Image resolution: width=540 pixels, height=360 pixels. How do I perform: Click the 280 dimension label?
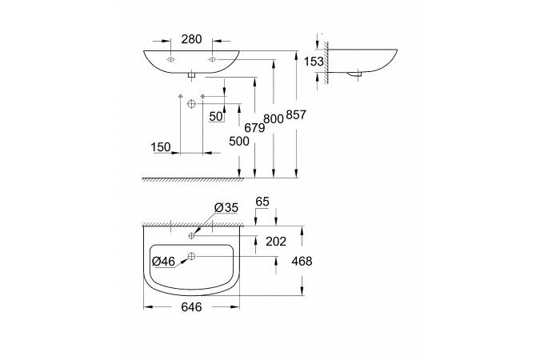pyautogui.click(x=190, y=38)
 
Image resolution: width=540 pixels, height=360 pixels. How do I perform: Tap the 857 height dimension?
pyautogui.click(x=296, y=115)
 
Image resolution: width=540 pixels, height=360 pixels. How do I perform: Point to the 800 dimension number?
pyautogui.click(x=274, y=118)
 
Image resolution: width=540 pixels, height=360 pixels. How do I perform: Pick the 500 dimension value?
pyautogui.click(x=239, y=141)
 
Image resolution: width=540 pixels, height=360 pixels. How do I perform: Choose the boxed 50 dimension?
pyautogui.click(x=215, y=116)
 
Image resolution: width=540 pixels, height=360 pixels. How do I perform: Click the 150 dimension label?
pyautogui.click(x=161, y=147)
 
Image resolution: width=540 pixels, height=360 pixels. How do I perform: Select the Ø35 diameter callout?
pyautogui.click(x=227, y=207)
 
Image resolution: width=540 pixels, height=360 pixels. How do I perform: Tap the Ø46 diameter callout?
pyautogui.click(x=164, y=260)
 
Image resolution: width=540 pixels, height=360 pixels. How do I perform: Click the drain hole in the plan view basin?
pyautogui.click(x=191, y=256)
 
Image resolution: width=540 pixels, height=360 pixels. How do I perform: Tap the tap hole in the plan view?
pyautogui.click(x=192, y=236)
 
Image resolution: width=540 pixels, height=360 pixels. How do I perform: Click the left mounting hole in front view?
pyautogui.click(x=170, y=60)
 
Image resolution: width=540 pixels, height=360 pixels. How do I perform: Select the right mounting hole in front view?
pyautogui.click(x=212, y=60)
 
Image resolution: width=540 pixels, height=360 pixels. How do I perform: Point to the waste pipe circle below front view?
pyautogui.click(x=191, y=104)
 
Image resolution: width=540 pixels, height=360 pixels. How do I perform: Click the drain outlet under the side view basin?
pyautogui.click(x=357, y=74)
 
